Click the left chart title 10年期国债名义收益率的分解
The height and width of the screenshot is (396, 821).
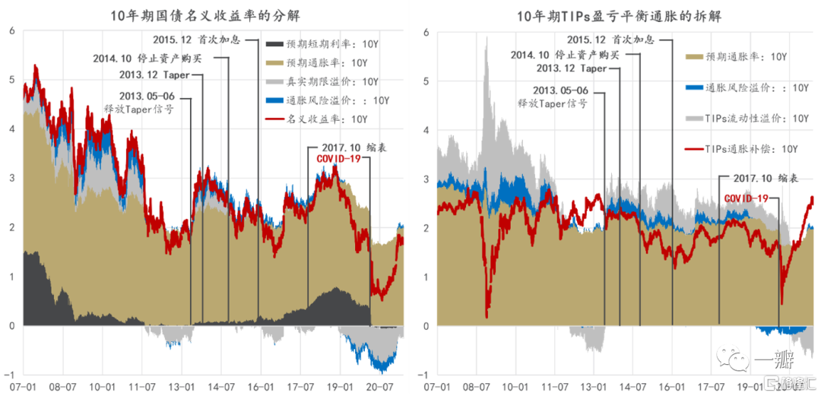click(x=204, y=14)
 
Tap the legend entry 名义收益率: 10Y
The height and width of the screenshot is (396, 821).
click(x=327, y=119)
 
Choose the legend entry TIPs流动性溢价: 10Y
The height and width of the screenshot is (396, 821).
click(x=746, y=119)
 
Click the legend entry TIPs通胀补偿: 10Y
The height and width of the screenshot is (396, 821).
click(x=746, y=149)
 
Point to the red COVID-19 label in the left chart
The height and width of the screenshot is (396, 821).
click(x=339, y=159)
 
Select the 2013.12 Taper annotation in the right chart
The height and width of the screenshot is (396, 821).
click(x=572, y=69)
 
